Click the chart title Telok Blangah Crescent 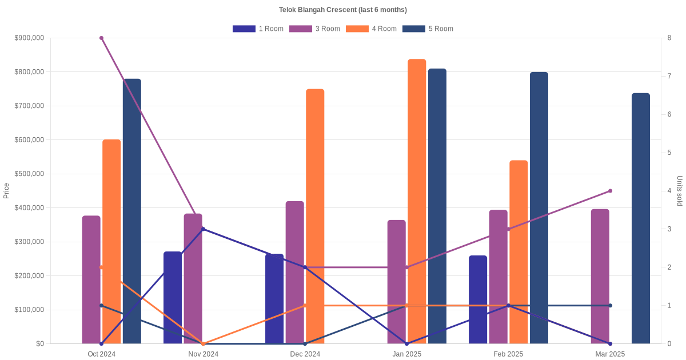342,10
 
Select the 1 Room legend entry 258,29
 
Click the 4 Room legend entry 371,29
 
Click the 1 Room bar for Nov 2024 173,298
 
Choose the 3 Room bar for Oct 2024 91,279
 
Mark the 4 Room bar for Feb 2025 519,252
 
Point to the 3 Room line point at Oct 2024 101,38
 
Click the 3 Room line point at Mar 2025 610,191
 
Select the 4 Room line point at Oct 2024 101,267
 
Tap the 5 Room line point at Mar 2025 610,306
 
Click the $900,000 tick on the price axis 29,38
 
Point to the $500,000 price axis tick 29,174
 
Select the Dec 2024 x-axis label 305,354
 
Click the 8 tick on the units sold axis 669,38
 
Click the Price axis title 6,191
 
